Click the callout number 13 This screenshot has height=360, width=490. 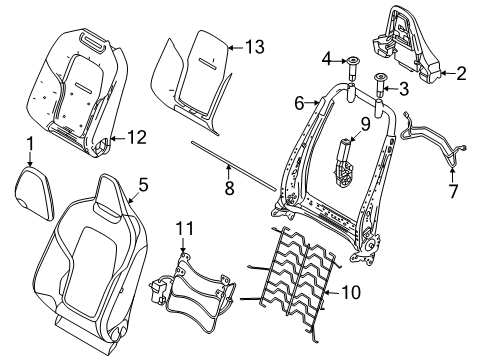point(255,47)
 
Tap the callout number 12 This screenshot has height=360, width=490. point(137,137)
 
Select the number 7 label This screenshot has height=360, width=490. point(453,191)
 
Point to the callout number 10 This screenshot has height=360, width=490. point(351,292)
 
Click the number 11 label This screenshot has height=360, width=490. point(185,229)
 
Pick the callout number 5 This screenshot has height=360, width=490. point(143,185)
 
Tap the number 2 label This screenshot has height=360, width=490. point(461,73)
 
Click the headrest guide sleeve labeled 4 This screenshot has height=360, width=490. point(352,68)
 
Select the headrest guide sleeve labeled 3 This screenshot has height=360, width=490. point(380,86)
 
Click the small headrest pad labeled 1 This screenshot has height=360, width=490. point(34,193)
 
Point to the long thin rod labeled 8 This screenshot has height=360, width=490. point(234,166)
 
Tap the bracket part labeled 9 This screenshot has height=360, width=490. point(344,163)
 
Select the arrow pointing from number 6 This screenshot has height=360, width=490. point(312,103)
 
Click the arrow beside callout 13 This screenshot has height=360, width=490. point(236,47)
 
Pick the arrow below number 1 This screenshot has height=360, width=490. point(30,159)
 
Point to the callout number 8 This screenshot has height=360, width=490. point(229,189)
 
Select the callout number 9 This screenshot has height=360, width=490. point(366,124)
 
